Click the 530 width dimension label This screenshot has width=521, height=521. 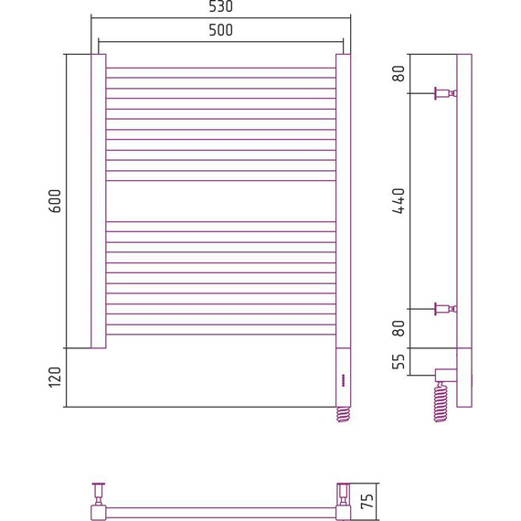(220, 6)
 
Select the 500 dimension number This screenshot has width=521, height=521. (220, 30)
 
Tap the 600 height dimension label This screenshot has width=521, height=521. (55, 201)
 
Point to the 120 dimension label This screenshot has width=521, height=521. (55, 377)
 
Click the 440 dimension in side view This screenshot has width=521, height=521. (399, 201)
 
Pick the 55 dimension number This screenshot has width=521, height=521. (399, 362)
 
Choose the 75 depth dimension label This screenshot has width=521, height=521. (367, 501)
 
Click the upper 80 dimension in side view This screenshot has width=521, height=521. (399, 73)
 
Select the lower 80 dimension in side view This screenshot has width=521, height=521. (399, 328)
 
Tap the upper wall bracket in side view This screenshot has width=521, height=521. (445, 93)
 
